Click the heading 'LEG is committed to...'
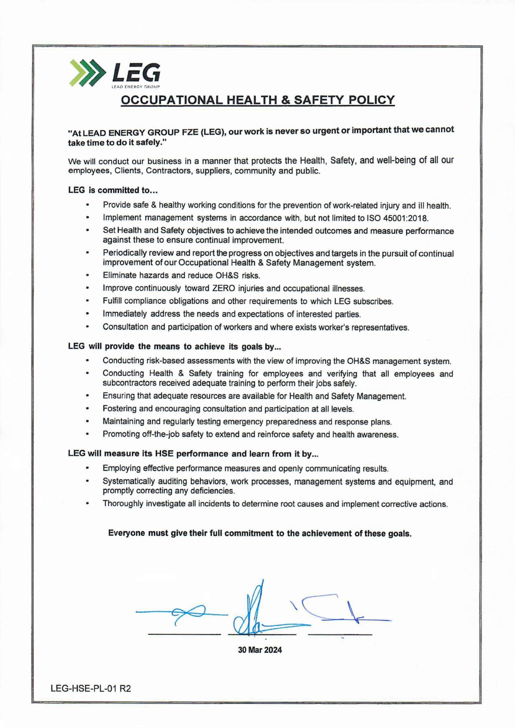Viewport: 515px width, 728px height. pyautogui.click(x=113, y=190)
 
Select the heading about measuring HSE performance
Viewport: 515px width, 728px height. pyautogui.click(x=193, y=454)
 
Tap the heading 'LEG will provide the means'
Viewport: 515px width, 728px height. pyautogui.click(x=175, y=347)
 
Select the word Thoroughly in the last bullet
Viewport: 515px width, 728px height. pyautogui.click(x=123, y=504)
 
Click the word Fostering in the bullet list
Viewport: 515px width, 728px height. pyautogui.click(x=119, y=409)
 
